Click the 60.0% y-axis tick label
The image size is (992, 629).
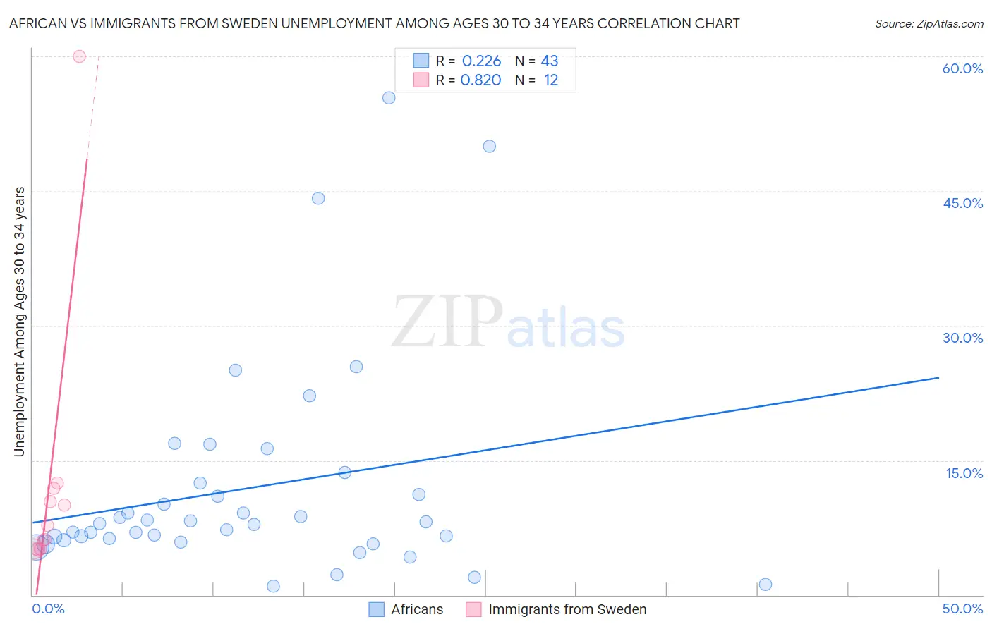pos(962,68)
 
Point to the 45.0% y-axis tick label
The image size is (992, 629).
pos(962,203)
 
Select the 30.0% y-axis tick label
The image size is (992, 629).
pos(962,338)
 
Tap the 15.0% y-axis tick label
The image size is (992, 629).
pos(964,473)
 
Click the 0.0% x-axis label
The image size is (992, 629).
pos(49,609)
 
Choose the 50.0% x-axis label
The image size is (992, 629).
pos(962,609)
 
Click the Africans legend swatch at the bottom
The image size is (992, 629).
pos(377,609)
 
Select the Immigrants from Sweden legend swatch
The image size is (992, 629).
pos(473,609)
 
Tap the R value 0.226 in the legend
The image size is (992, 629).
pos(481,61)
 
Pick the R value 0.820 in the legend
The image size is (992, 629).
pos(480,80)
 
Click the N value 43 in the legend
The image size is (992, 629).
pos(550,61)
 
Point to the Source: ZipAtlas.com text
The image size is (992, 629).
pos(929,24)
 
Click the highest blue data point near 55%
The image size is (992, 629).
pos(389,98)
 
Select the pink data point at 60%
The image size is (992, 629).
pos(79,56)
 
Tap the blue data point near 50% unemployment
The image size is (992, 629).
pos(490,147)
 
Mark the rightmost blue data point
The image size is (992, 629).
pos(766,585)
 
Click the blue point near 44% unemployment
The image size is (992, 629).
pos(318,198)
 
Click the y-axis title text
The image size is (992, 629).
pos(19,321)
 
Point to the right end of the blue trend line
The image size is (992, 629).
pos(938,378)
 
